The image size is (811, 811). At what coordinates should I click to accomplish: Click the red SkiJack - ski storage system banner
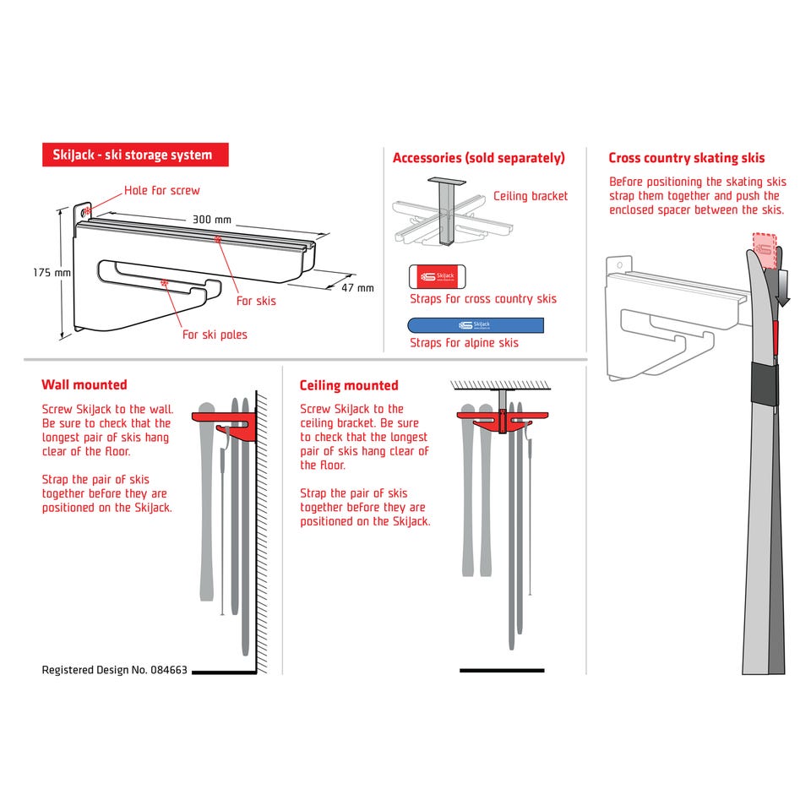pyautogui.click(x=135, y=155)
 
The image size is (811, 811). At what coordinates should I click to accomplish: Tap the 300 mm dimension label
pyautogui.click(x=212, y=220)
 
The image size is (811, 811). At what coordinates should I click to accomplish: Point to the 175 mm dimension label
pyautogui.click(x=52, y=273)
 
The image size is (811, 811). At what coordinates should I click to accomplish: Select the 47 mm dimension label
pyautogui.click(x=357, y=288)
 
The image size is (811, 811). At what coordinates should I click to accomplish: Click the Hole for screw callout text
pyautogui.click(x=162, y=190)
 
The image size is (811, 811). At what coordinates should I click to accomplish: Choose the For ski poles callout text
pyautogui.click(x=215, y=335)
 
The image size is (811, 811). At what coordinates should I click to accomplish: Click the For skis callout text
pyautogui.click(x=256, y=301)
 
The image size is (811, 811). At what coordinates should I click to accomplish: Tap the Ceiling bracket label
pyautogui.click(x=531, y=196)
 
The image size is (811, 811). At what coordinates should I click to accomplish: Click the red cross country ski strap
pyautogui.click(x=437, y=277)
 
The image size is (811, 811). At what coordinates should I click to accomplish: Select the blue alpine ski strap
pyautogui.click(x=476, y=325)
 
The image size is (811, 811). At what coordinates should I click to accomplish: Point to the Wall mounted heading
pyautogui.click(x=84, y=385)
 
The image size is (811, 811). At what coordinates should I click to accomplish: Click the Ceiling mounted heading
pyautogui.click(x=349, y=385)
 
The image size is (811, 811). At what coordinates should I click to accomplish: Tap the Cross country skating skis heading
pyautogui.click(x=686, y=158)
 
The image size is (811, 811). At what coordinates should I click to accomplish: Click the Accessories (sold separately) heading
pyautogui.click(x=478, y=158)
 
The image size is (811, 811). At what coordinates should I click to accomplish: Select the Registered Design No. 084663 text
pyautogui.click(x=114, y=670)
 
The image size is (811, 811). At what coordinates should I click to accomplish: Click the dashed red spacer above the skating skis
pyautogui.click(x=765, y=251)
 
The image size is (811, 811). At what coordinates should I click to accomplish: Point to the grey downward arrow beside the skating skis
pyautogui.click(x=782, y=288)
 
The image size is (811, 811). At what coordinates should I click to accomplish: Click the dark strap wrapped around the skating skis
pyautogui.click(x=764, y=384)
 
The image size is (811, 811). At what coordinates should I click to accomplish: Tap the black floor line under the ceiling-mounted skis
pyautogui.click(x=502, y=670)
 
